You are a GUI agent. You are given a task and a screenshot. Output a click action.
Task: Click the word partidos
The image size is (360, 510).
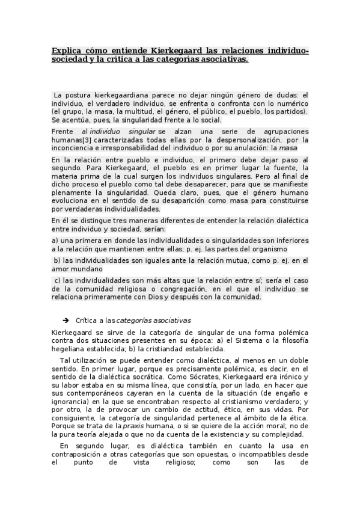(x=289, y=111)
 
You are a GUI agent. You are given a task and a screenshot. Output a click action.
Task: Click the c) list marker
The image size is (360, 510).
(x=57, y=281)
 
